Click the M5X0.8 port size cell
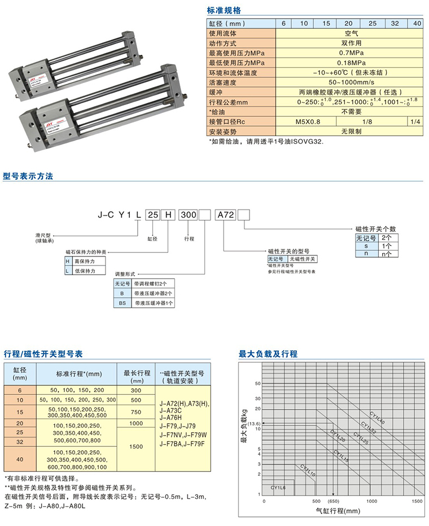[308, 121]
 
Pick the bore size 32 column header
[395, 24]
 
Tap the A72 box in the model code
[225, 215]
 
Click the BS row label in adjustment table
[122, 303]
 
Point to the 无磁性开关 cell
[303, 258]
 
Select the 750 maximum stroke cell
[137, 412]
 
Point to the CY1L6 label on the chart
[278, 485]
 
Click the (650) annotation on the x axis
[333, 502]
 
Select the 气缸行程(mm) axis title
[337, 512]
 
